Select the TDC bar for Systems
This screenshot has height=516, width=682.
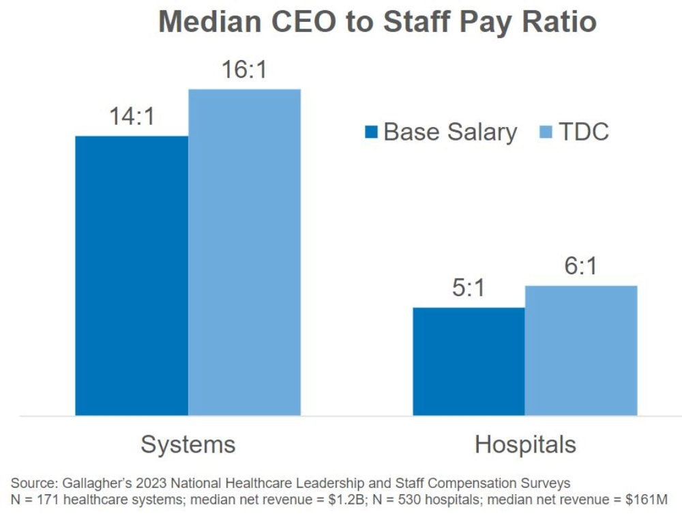tap(244, 252)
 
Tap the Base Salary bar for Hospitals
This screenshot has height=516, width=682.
tap(469, 361)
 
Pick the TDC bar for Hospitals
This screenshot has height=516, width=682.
tap(581, 350)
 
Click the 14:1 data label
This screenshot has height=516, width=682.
tap(132, 117)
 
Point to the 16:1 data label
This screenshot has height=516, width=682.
tap(244, 70)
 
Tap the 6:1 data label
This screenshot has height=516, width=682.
tap(580, 266)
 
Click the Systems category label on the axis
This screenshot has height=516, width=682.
tap(188, 445)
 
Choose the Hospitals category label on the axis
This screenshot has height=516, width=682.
tap(525, 445)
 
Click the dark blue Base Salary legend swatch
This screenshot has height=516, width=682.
tap(372, 132)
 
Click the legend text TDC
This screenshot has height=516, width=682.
tap(583, 132)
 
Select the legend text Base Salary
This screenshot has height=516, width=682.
tap(450, 132)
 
